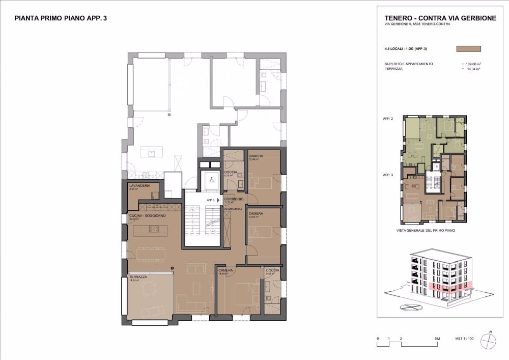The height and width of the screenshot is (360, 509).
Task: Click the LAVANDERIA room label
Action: coord(139,186)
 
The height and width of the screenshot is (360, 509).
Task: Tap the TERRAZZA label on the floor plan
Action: coord(138,277)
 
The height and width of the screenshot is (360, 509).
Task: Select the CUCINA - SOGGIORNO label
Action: coord(145,216)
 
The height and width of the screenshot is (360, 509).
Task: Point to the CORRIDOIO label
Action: coord(234,199)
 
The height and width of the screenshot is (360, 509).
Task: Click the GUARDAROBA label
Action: coord(233,209)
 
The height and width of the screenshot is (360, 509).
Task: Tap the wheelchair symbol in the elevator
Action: coord(210,179)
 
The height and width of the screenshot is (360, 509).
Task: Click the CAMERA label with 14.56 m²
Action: coord(225,270)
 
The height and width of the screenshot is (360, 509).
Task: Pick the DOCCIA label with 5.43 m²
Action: coord(272,270)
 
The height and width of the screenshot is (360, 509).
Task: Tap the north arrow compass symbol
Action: coord(490,340)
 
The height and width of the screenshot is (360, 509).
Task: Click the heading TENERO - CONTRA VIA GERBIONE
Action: coord(440,18)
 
